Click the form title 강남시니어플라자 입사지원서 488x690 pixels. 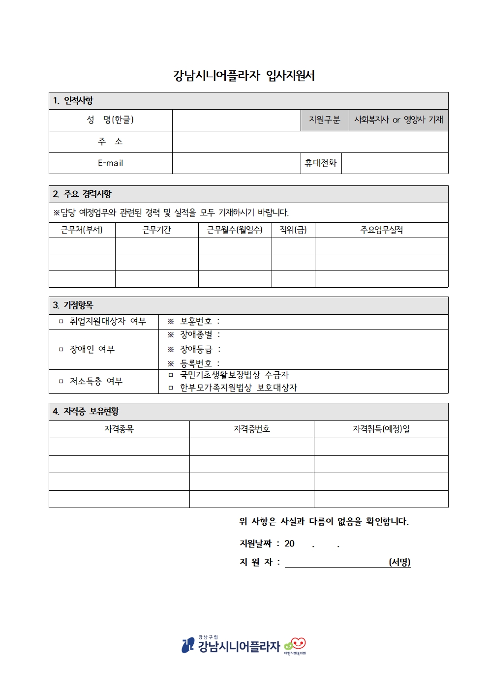click(x=244, y=76)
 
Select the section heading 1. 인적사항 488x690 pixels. click(x=74, y=101)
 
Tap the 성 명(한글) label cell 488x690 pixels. click(x=110, y=120)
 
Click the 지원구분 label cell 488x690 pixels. click(x=324, y=120)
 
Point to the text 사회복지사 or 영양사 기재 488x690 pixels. click(x=398, y=120)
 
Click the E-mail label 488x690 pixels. click(x=110, y=163)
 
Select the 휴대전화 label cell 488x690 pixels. click(x=321, y=163)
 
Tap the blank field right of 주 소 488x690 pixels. click(x=310, y=142)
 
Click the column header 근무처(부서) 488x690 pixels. click(x=82, y=230)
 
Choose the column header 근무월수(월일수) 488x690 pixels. click(x=235, y=230)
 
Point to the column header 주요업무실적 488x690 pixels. click(x=381, y=230)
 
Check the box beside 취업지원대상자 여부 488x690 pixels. click(x=61, y=322)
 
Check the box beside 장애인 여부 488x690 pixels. click(x=61, y=350)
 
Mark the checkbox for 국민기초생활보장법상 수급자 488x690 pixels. click(x=171, y=375)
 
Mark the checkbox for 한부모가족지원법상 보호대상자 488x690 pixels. click(x=171, y=388)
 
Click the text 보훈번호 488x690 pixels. click(x=196, y=322)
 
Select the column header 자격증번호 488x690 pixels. click(x=251, y=429)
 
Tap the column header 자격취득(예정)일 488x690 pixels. click(x=381, y=429)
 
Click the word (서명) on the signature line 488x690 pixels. click(x=399, y=562)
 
